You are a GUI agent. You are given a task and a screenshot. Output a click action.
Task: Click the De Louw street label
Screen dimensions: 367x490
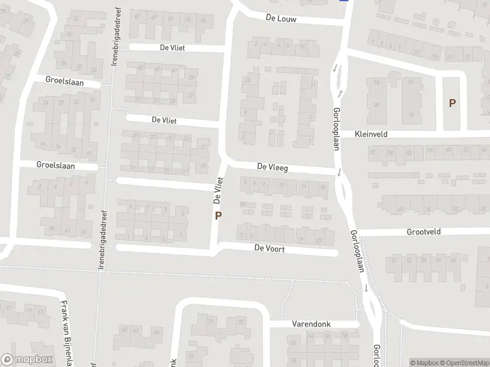pos(281,19)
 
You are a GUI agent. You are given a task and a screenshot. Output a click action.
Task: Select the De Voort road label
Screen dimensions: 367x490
pos(269,249)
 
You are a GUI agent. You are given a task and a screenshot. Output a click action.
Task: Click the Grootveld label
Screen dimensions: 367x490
pos(424,232)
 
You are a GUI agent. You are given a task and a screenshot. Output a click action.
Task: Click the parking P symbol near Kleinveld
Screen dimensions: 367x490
pos(452,103)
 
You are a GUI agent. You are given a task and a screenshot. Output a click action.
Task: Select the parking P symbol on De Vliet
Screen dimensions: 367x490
pos(217,215)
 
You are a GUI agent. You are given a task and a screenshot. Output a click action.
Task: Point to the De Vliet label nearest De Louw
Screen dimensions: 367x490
pos(173,48)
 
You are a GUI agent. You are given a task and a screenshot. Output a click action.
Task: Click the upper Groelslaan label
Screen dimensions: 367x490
pos(64,81)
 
